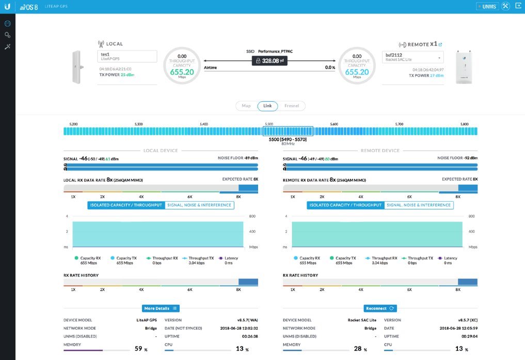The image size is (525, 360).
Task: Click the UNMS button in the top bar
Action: [486, 7]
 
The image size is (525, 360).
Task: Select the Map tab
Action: [246, 106]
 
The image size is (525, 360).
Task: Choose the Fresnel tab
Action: [292, 106]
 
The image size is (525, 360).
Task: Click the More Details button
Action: [161, 308]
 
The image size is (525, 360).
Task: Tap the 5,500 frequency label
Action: [268, 124]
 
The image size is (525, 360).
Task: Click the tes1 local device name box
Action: [128, 56]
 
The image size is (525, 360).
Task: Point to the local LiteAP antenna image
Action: [77, 67]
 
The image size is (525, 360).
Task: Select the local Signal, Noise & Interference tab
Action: [199, 205]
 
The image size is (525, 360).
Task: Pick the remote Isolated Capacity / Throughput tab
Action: [345, 205]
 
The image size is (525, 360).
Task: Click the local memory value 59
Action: [138, 349]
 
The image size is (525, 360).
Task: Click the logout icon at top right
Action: [518, 6]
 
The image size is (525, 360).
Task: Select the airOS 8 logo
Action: [29, 7]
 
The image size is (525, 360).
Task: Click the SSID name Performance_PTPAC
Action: [276, 52]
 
